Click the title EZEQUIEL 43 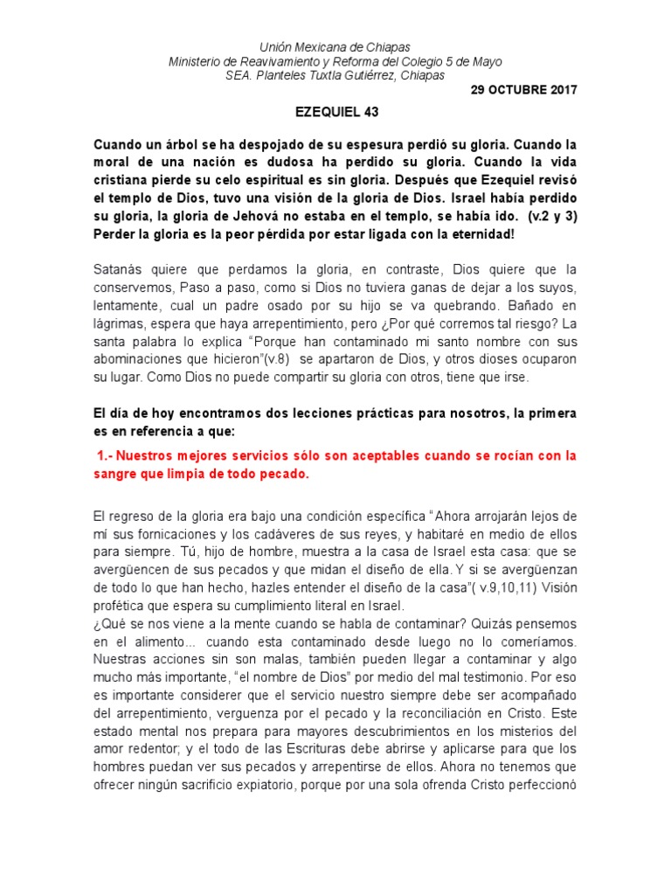335,112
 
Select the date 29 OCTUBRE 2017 523,90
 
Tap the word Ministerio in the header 196,61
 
